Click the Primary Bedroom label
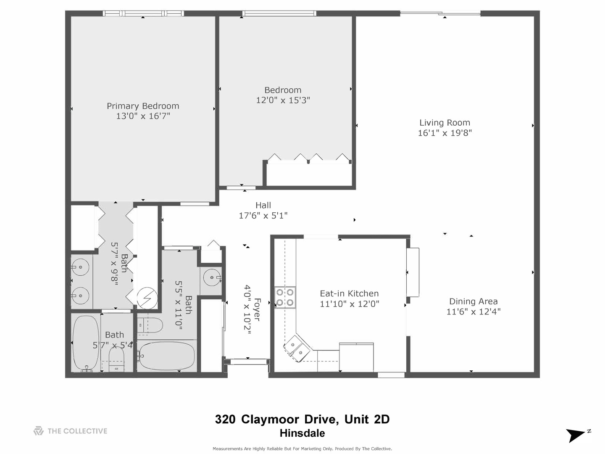pyautogui.click(x=143, y=106)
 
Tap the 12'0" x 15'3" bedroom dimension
pyautogui.click(x=283, y=100)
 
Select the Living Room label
pyautogui.click(x=445, y=123)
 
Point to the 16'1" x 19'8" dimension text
pyautogui.click(x=445, y=133)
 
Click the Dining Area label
pyautogui.click(x=473, y=301)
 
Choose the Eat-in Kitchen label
pyautogui.click(x=349, y=293)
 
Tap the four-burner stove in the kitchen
pyautogui.click(x=285, y=297)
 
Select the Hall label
pyautogui.click(x=263, y=205)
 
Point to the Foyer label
pyautogui.click(x=257, y=310)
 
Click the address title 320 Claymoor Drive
pyautogui.click(x=302, y=419)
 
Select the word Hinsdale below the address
pyautogui.click(x=302, y=433)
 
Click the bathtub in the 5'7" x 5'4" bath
pyautogui.click(x=86, y=343)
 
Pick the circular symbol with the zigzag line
pyautogui.click(x=148, y=297)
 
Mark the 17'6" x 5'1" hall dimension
pyautogui.click(x=263, y=216)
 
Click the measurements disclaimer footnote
pyautogui.click(x=302, y=449)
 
